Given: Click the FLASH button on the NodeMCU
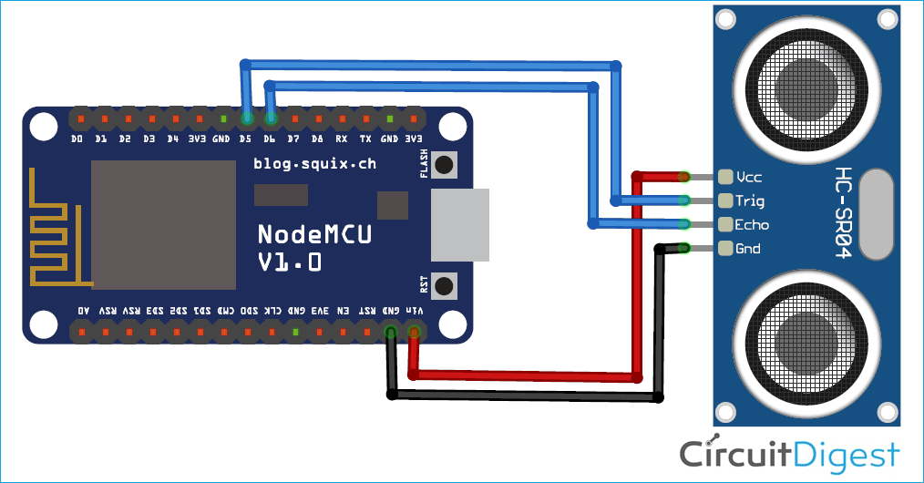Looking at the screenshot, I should (x=445, y=165).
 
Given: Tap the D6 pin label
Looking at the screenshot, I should (x=270, y=139).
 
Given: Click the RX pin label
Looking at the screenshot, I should (x=341, y=139).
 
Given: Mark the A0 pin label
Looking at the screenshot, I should (x=83, y=311).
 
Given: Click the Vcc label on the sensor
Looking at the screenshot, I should (x=750, y=177).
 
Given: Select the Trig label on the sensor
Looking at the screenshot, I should (x=751, y=200).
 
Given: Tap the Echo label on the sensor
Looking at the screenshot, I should (x=753, y=224).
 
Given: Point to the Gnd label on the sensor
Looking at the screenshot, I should (x=749, y=248).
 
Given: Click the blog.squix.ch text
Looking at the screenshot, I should (x=314, y=164).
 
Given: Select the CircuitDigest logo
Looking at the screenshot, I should (x=789, y=453).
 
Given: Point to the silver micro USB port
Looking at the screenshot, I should (x=460, y=224).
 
